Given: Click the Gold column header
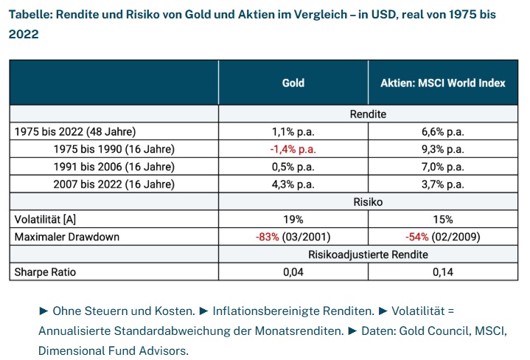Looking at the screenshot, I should [293, 83].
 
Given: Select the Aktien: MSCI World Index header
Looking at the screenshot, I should [442, 83].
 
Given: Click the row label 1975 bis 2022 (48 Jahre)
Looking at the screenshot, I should [75, 132].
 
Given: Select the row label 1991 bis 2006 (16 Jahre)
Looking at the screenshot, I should [114, 166].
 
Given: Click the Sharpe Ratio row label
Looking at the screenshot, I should [45, 272].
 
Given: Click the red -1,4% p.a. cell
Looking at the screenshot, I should [293, 149].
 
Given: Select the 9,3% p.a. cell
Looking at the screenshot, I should [442, 149].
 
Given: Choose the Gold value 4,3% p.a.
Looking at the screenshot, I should [293, 184].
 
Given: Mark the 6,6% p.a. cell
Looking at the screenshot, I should [442, 132].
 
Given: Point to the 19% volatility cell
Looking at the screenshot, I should [293, 219].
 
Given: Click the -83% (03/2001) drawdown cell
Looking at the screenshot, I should [293, 237].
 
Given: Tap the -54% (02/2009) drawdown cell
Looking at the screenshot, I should [442, 237].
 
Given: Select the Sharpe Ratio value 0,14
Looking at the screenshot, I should [442, 272].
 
